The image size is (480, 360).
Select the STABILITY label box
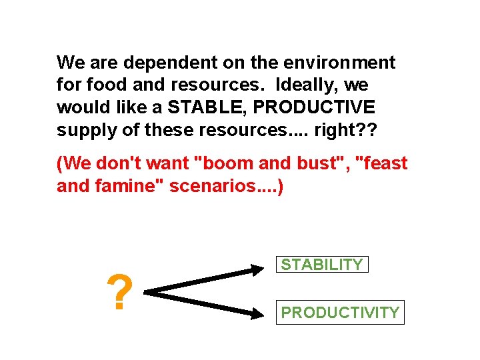pos(322,265)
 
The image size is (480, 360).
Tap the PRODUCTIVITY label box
pos(340,312)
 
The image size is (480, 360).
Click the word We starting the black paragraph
pos(69,63)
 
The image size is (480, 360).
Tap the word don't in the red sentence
pos(114,163)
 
